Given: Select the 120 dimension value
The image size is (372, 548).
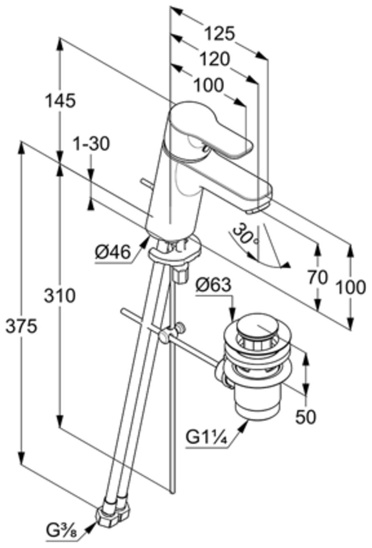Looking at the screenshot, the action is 215,59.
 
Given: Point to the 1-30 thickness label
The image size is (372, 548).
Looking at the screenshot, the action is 92,144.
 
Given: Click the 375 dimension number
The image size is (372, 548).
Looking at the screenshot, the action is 22,326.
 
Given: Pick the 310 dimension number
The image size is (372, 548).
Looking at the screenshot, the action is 60,296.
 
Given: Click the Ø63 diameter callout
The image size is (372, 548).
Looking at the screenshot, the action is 213,285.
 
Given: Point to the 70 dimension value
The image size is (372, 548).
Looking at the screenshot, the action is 317,278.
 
